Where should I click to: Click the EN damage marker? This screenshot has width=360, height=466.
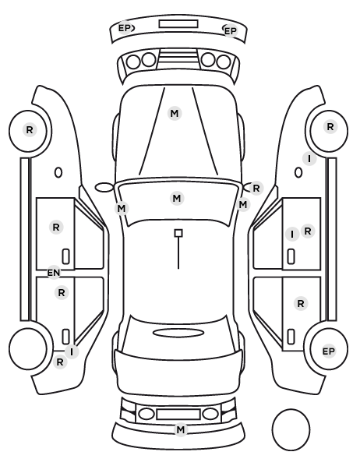(x=54, y=273)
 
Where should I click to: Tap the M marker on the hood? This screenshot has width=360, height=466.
(x=175, y=114)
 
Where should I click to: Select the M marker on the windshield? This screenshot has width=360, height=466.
(x=177, y=198)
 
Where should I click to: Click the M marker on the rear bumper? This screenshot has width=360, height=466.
(x=181, y=429)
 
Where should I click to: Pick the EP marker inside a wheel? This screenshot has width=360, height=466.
(x=329, y=351)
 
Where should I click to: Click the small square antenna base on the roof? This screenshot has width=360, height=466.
(x=178, y=233)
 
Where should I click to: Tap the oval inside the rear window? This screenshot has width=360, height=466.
(x=178, y=333)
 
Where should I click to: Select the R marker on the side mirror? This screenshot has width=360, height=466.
(x=256, y=188)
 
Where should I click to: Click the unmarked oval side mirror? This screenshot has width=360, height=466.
(x=104, y=188)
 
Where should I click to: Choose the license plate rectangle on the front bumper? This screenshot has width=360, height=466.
(x=178, y=24)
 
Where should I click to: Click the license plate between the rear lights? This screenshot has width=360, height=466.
(x=178, y=415)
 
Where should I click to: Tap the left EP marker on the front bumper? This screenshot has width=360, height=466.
(x=125, y=28)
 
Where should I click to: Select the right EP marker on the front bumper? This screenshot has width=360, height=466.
(x=231, y=31)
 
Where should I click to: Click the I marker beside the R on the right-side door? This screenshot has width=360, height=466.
(x=292, y=235)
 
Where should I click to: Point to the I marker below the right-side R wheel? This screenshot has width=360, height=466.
(x=309, y=159)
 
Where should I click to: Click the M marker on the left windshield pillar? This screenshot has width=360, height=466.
(x=122, y=209)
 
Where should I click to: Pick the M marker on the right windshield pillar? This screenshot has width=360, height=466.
(x=243, y=205)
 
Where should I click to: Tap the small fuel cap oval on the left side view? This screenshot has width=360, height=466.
(x=58, y=173)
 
